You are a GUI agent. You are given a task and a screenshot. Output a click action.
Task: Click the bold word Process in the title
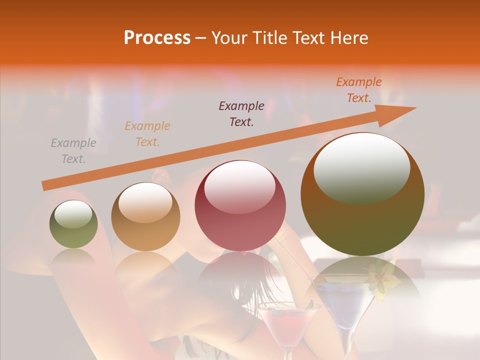(157, 38)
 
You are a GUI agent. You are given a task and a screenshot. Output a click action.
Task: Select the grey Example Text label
(73, 151)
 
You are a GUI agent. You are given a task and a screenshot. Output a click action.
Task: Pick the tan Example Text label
(147, 134)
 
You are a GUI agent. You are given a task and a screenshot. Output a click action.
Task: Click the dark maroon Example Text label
(241, 114)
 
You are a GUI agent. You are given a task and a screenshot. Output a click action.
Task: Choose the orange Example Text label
(358, 90)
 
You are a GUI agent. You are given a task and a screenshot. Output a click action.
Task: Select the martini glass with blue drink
(342, 300)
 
